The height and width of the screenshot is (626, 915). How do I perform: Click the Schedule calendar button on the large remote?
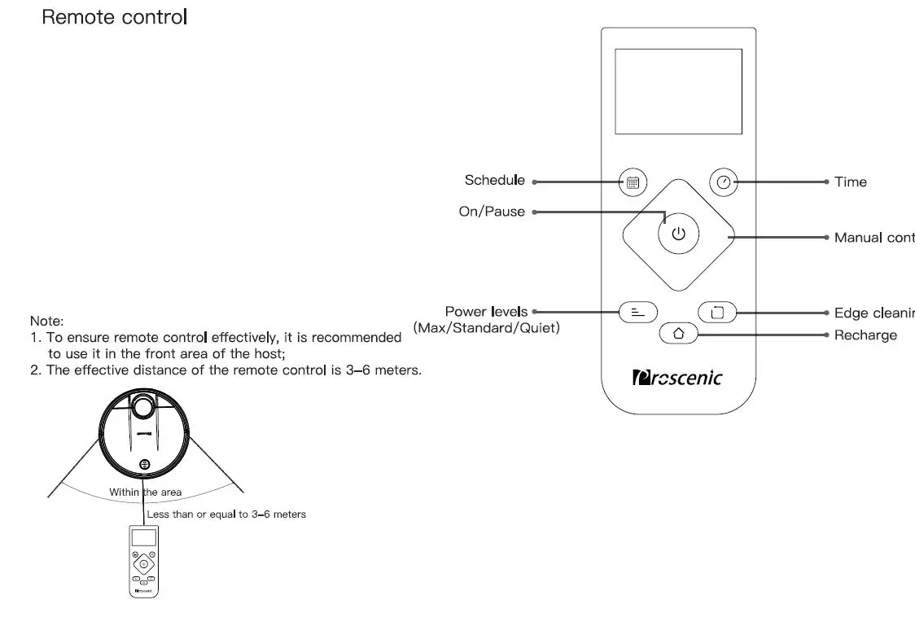click(x=633, y=182)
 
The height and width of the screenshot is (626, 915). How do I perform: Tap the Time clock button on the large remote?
click(x=724, y=182)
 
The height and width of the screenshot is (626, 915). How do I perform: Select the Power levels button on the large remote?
click(x=638, y=312)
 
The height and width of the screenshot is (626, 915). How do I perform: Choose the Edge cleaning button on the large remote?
click(x=716, y=312)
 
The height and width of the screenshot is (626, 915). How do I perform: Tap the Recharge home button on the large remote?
click(x=679, y=334)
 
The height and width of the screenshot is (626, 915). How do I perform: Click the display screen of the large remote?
click(x=678, y=91)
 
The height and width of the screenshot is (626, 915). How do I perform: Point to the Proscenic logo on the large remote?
click(x=677, y=379)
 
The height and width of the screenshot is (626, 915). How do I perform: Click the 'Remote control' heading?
click(x=115, y=17)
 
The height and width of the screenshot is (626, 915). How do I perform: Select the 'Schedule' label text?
click(x=494, y=181)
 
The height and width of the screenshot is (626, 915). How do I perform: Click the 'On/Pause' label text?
click(x=492, y=212)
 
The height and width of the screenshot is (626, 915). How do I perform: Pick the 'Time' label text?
click(x=850, y=182)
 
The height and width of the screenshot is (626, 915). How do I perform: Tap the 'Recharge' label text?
click(x=865, y=335)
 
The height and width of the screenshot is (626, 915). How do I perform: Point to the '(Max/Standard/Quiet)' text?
click(x=486, y=328)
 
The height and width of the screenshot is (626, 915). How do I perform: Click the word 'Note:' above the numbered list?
click(x=46, y=322)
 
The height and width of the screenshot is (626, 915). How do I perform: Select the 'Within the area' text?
click(x=146, y=492)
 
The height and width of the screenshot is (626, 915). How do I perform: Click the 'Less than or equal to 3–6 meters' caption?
click(x=226, y=514)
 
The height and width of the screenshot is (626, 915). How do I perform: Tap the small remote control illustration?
click(x=143, y=562)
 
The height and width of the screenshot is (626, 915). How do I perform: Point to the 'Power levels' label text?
click(x=486, y=312)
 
